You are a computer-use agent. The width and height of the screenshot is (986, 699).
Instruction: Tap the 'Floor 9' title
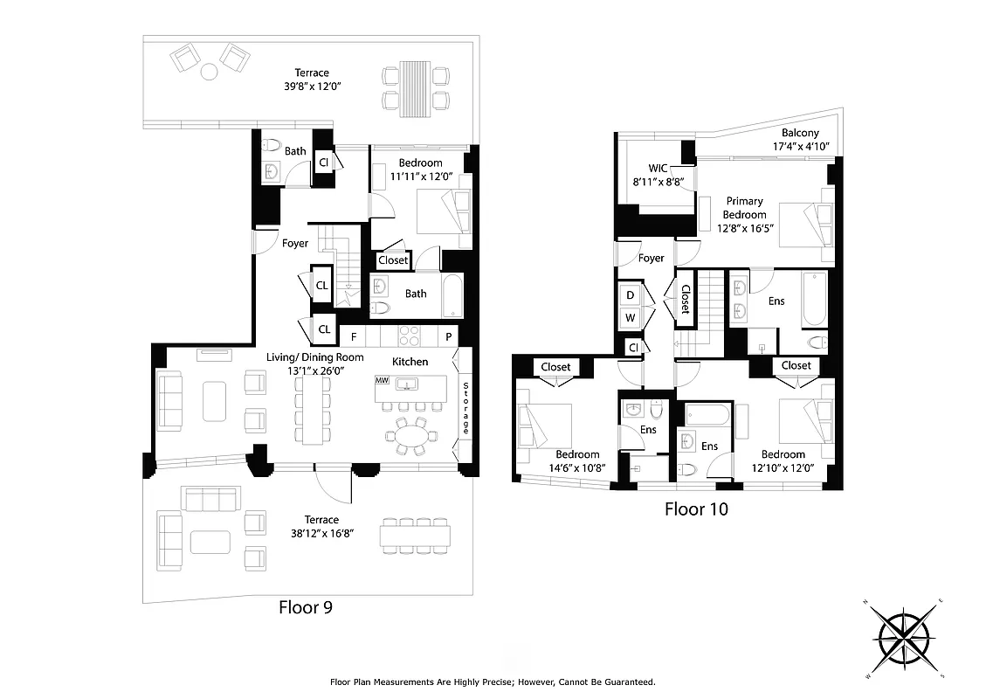(x=305, y=607)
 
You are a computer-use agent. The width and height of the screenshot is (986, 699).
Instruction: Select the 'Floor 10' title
(x=696, y=508)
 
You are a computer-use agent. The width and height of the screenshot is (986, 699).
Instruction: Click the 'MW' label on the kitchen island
(x=382, y=381)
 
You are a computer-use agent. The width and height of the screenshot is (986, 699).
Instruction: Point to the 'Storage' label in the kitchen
(x=465, y=409)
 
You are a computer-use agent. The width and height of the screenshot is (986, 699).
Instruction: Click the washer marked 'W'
(x=630, y=318)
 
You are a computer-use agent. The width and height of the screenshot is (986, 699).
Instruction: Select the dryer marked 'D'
(x=630, y=294)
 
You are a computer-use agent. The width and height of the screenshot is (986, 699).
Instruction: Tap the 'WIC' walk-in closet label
(x=658, y=168)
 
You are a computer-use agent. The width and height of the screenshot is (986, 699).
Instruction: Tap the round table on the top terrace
(x=209, y=72)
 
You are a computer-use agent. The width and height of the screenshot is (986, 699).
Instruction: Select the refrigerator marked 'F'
(x=354, y=336)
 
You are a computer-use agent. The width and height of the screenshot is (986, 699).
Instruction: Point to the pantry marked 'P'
(x=449, y=336)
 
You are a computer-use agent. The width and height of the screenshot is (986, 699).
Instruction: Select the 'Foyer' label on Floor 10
(x=651, y=259)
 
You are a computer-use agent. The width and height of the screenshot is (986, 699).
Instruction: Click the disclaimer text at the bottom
(x=493, y=682)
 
